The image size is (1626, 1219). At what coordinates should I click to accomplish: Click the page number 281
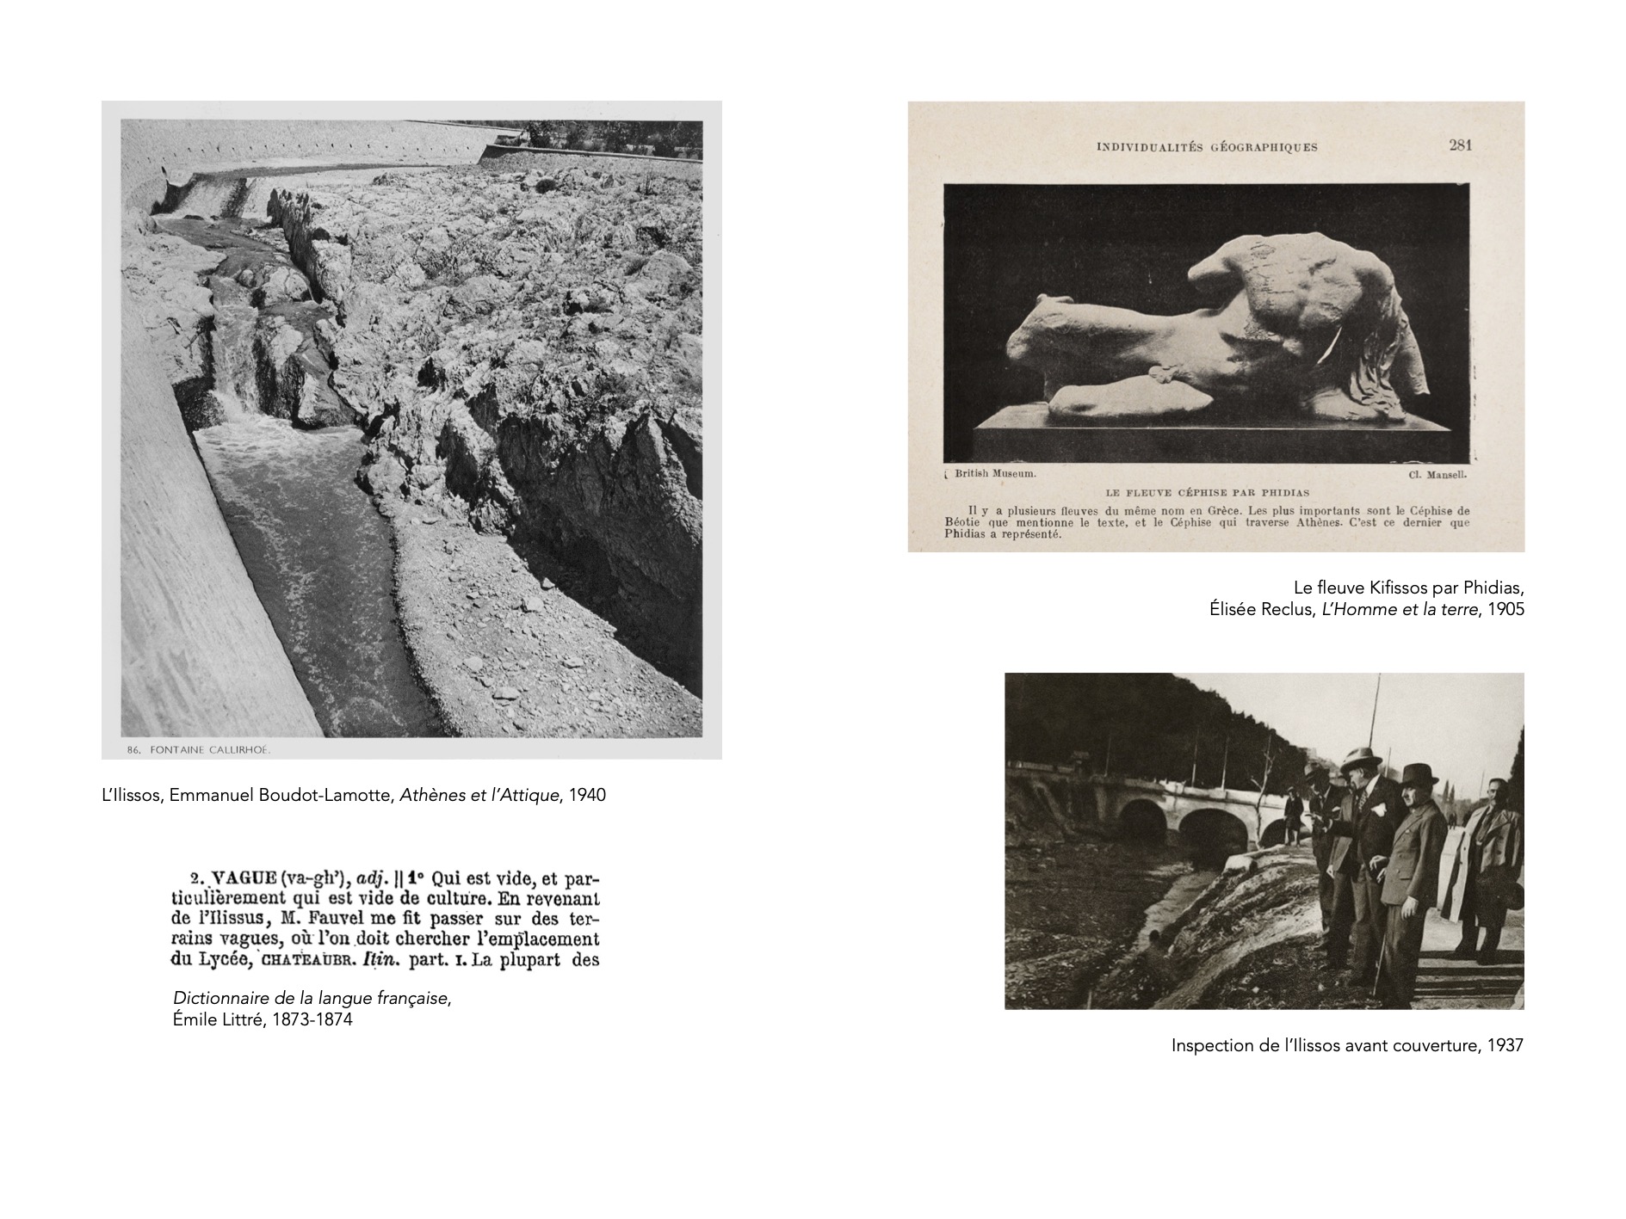pos(1460,145)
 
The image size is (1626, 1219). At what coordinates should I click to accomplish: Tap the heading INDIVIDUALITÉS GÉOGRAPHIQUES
pos(1207,147)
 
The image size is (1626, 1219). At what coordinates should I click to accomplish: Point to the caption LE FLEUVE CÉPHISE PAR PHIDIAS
pos(1207,493)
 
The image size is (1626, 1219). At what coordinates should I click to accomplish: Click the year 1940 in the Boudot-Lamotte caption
pos(587,795)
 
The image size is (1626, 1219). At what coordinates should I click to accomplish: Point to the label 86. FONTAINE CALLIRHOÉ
pos(199,750)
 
